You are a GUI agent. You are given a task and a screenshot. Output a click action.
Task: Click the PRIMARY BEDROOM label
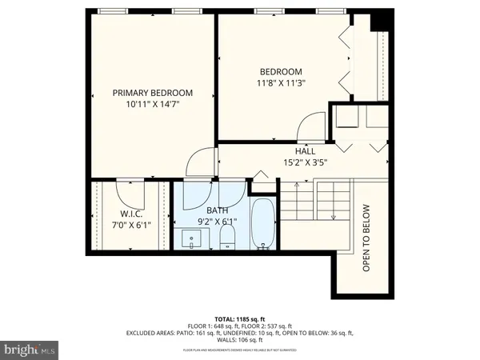click(152, 93)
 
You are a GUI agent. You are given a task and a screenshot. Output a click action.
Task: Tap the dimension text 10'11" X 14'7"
click(152, 105)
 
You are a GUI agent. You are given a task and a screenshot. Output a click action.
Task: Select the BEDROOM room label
click(282, 70)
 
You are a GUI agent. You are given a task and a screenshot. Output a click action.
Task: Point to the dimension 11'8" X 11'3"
click(282, 82)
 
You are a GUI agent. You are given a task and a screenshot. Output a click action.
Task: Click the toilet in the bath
click(226, 235)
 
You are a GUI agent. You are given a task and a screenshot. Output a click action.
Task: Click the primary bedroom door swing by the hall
click(198, 164)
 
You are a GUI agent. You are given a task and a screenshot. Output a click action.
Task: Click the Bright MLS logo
click(30, 349)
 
